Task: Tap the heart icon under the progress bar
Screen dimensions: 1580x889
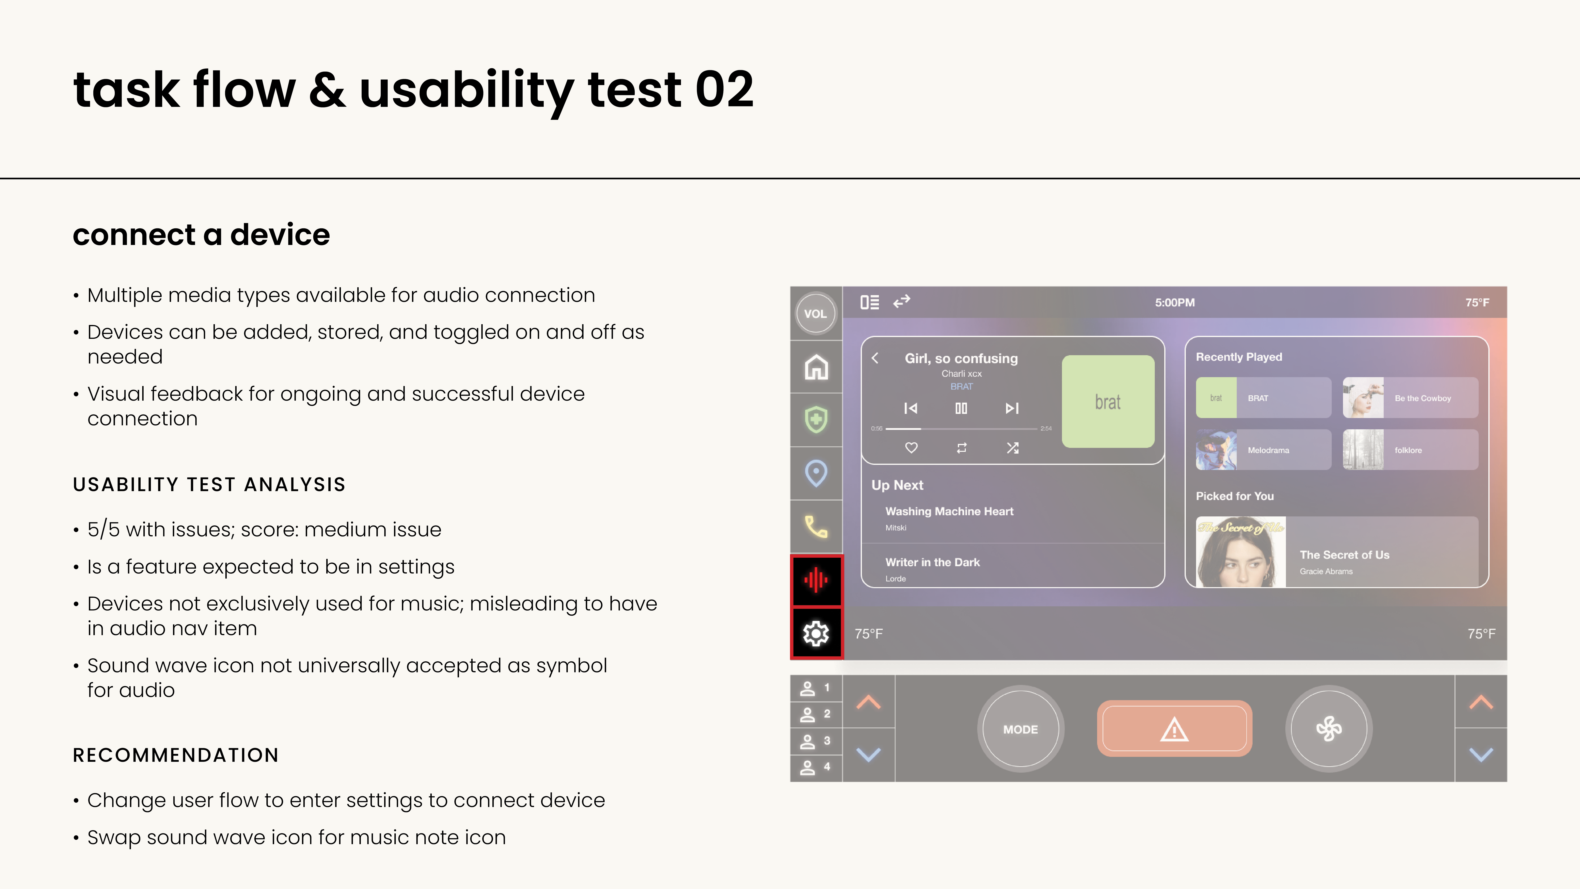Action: [911, 448]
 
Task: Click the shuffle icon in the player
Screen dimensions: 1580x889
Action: [1013, 448]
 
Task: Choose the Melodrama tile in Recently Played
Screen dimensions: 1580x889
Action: [1264, 450]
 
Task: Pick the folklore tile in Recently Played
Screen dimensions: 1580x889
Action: [1410, 450]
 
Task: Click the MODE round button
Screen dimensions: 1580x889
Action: [1021, 729]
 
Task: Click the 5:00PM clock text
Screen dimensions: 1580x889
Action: [1175, 302]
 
